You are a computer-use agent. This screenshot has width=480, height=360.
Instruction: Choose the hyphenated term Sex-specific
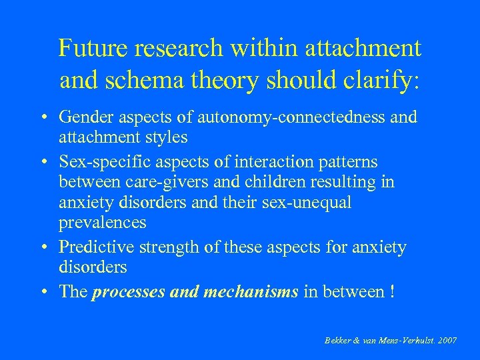(102, 162)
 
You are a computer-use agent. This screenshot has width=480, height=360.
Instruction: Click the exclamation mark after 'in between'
(391, 291)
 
